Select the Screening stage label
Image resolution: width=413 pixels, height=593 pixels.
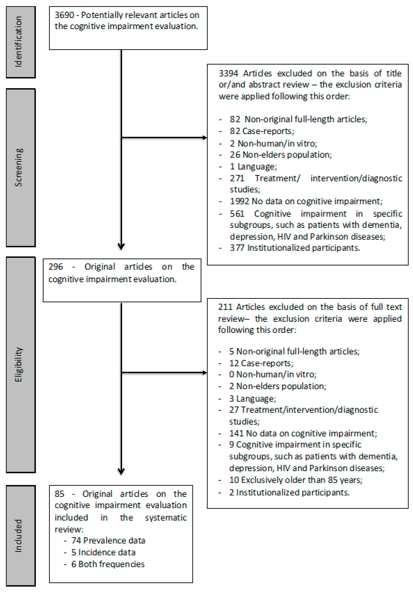click(19, 167)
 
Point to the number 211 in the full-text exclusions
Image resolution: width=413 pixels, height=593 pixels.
click(225, 307)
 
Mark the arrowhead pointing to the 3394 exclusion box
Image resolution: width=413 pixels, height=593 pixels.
click(205, 138)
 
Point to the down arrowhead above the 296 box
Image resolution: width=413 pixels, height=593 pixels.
click(121, 246)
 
